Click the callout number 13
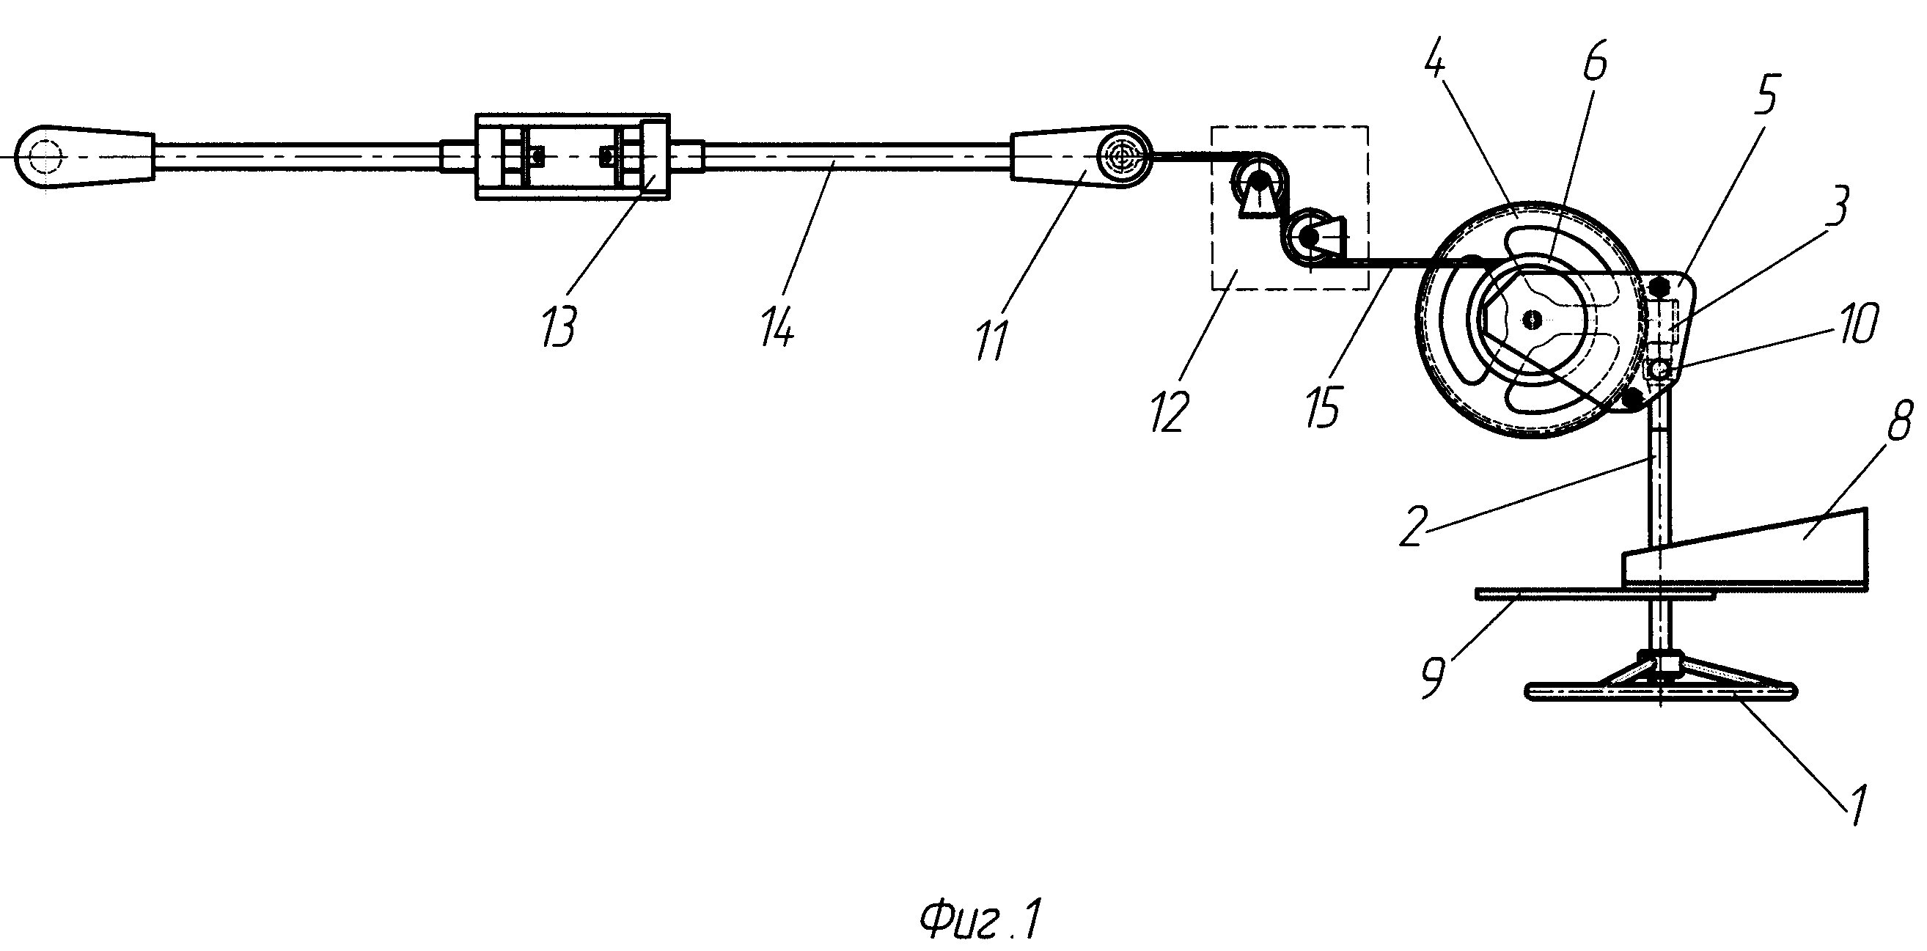click(559, 328)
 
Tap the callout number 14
click(777, 328)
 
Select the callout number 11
click(991, 340)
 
